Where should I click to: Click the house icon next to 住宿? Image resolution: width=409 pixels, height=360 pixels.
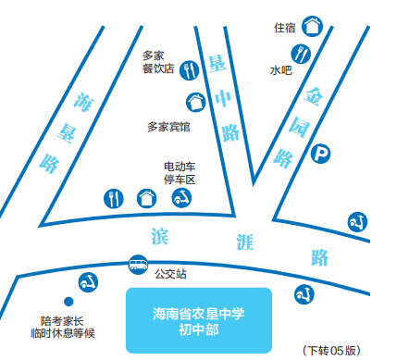point(313,25)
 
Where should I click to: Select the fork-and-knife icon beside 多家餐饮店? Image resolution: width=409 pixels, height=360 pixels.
point(190,69)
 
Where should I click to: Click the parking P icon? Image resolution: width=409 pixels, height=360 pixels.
point(320,154)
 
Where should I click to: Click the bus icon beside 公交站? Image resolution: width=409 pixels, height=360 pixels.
point(137,265)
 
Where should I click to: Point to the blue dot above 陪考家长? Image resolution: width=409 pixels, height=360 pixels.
point(67,301)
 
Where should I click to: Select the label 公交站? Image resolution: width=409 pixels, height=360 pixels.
point(170,274)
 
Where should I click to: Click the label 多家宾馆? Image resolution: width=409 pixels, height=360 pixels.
point(168,126)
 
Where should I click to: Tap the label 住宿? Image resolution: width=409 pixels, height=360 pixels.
point(284,27)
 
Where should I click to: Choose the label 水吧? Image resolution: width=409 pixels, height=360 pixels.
point(280,69)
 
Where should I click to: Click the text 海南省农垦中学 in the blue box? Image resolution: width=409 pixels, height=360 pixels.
point(198,313)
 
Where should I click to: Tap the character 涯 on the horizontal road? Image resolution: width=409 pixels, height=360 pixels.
point(244,243)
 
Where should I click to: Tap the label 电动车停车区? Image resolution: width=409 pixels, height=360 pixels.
point(180,172)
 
